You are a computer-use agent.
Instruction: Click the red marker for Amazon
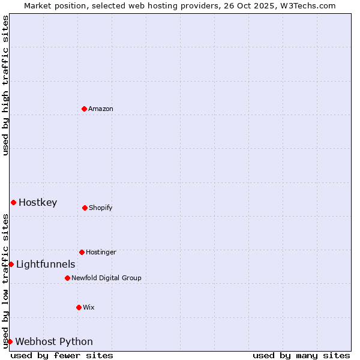click(x=84, y=109)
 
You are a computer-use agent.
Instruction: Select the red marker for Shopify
click(x=85, y=208)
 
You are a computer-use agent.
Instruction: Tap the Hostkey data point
click(x=13, y=202)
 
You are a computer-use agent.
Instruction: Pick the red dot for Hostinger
click(x=82, y=252)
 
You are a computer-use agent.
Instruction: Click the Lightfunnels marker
click(x=11, y=264)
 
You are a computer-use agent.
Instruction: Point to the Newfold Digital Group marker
click(x=67, y=278)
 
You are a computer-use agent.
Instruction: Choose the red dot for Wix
click(x=79, y=307)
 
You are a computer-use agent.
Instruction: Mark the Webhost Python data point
click(x=10, y=341)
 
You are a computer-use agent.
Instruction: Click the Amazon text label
click(x=101, y=109)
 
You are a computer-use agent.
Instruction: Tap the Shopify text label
click(x=101, y=208)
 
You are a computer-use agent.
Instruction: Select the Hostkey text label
click(x=38, y=202)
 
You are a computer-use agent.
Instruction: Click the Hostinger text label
click(x=101, y=252)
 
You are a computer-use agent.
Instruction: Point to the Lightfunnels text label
click(x=46, y=264)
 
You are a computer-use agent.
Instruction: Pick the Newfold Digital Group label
click(x=106, y=278)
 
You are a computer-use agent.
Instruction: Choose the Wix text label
click(x=89, y=307)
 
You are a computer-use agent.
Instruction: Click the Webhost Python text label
click(x=54, y=341)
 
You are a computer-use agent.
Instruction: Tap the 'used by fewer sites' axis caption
click(x=62, y=355)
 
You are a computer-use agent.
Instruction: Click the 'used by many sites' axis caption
click(x=301, y=355)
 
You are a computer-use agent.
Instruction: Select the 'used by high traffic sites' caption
click(x=5, y=85)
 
